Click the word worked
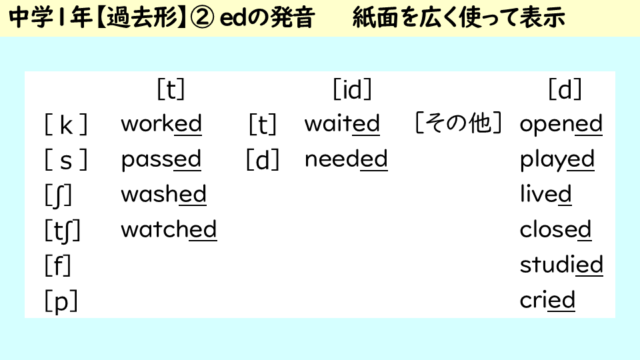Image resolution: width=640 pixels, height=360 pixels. point(161,124)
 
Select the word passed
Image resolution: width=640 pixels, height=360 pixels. point(161,160)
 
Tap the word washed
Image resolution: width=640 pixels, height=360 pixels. point(163,195)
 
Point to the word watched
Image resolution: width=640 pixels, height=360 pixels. point(169,230)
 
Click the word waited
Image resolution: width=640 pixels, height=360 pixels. point(342,124)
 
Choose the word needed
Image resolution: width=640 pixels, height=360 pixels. point(346,160)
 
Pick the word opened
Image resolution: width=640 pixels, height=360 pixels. point(561,124)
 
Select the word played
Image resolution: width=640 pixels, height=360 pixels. point(557,160)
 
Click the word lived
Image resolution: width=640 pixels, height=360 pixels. point(545,195)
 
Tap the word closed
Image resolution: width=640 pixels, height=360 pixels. point(555,230)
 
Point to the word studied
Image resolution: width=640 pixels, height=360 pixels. point(561,265)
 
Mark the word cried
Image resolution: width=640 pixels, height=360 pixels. point(547,301)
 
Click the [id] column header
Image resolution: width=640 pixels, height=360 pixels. point(352,89)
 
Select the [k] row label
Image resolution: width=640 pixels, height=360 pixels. point(66,125)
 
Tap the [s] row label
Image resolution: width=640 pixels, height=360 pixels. point(66,160)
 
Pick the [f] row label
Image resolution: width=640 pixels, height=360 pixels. point(58,265)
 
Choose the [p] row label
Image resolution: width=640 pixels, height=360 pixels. point(61,301)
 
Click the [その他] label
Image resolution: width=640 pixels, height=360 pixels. point(458,124)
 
